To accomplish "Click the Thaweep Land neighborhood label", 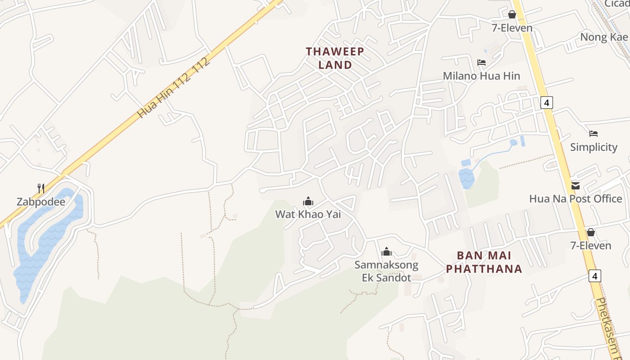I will [x=335, y=58].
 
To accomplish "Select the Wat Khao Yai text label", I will [x=308, y=214].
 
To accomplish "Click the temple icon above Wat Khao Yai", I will [x=308, y=201].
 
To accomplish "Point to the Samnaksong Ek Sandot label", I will [x=387, y=271].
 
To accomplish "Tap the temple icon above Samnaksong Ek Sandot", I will [x=386, y=252].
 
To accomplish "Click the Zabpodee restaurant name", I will [x=41, y=202].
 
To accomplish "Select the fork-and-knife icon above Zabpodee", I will [x=41, y=188].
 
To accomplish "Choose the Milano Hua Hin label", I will [x=481, y=76].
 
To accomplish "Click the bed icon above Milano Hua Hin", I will [x=481, y=63].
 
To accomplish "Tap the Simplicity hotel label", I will [x=594, y=147].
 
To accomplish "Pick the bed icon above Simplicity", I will [x=594, y=134].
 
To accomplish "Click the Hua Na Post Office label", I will [x=576, y=198].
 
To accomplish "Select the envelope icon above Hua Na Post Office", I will [x=576, y=185].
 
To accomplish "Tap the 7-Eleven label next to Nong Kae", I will [x=512, y=28].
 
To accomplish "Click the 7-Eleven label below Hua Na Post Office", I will [x=590, y=245].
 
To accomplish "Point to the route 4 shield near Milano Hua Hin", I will [x=546, y=103].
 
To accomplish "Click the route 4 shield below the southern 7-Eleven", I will [x=595, y=275].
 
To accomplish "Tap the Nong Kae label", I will [x=603, y=37].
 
